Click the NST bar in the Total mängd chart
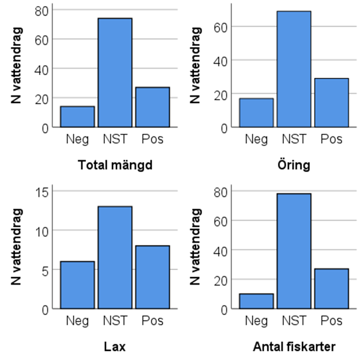[x=115, y=72]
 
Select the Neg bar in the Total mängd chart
[x=77, y=117]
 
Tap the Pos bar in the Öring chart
[x=331, y=102]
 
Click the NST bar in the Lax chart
[x=115, y=257]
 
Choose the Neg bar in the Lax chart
[x=77, y=285]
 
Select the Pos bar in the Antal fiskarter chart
[x=331, y=288]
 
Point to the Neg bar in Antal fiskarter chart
[x=256, y=301]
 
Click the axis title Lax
[x=115, y=347]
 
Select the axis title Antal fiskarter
[x=293, y=347]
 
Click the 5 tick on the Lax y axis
[x=44, y=270]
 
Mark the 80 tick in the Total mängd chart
[x=40, y=10]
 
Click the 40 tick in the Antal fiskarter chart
[x=219, y=250]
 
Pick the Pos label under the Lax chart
[x=152, y=321]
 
